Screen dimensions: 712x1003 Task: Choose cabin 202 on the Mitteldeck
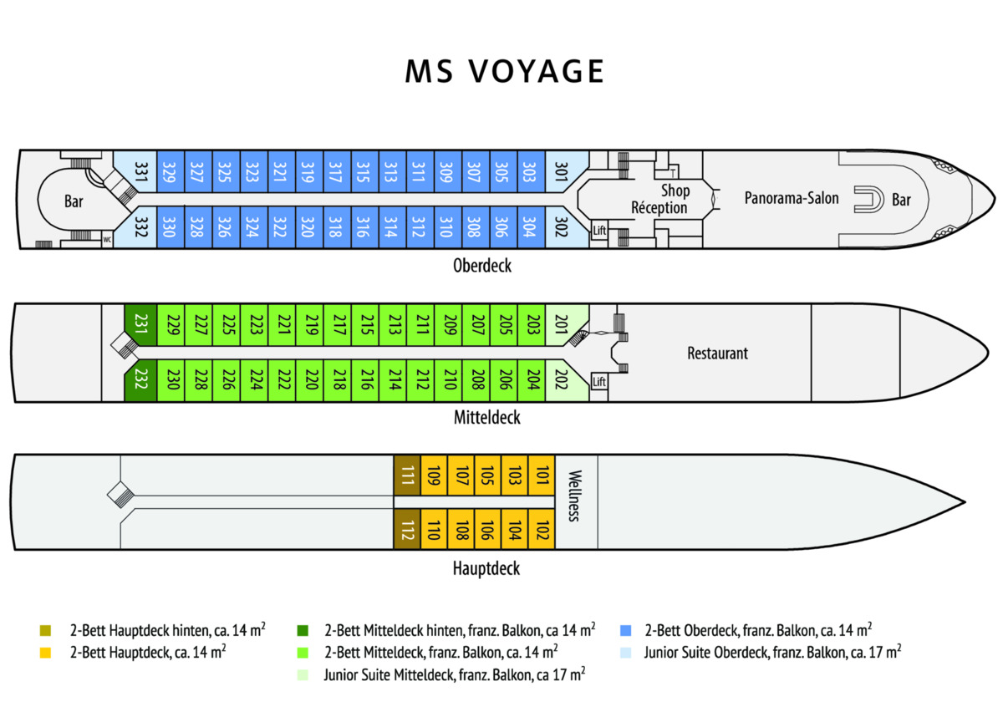coord(562,380)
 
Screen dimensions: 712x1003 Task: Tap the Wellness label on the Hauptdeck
coord(573,496)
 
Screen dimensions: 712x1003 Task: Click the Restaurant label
coord(717,353)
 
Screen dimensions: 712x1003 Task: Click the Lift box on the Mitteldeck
coord(598,382)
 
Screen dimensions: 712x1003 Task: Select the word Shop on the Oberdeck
coord(675,191)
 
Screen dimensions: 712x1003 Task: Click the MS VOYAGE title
coord(505,72)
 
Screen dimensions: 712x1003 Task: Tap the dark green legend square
coord(305,628)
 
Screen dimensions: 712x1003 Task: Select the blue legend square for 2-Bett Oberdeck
coord(627,628)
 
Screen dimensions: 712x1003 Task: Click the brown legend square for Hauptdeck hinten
coord(45,628)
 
